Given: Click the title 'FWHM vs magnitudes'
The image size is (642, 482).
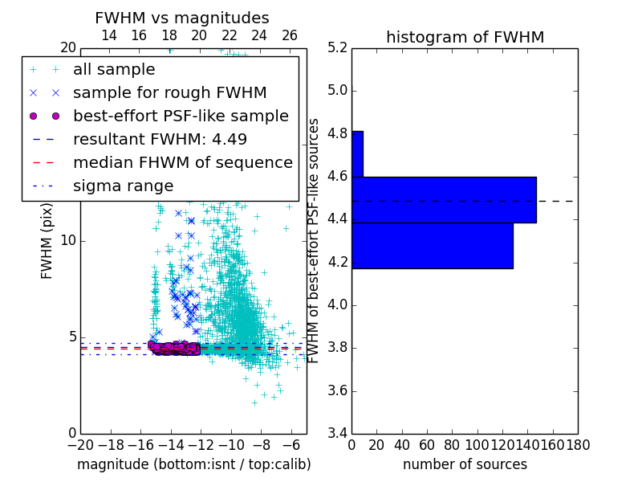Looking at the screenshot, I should tap(182, 18).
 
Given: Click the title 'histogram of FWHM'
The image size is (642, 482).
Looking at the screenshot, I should tap(465, 37).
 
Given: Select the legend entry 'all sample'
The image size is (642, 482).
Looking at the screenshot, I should tap(114, 70).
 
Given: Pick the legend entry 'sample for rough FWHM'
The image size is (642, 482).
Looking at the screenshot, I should tap(170, 93).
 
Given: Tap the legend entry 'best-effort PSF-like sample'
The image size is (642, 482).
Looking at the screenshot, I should tap(181, 116).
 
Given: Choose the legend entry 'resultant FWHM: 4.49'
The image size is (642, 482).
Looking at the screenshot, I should tap(160, 139).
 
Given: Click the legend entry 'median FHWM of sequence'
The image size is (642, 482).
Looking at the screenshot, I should tap(182, 162).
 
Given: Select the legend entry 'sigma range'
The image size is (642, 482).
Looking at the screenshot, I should tap(123, 186).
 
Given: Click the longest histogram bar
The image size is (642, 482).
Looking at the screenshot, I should tap(444, 199).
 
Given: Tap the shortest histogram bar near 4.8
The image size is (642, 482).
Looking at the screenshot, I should tap(357, 153).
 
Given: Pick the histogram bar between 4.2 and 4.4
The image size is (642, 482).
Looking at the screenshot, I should tap(432, 245).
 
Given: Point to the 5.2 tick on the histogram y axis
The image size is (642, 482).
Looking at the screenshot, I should tap(337, 47).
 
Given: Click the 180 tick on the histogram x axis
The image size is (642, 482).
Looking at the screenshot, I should tap(578, 444).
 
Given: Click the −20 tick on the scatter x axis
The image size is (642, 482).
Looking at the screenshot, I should tap(80, 444).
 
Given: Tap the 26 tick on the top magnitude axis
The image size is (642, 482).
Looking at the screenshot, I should tap(290, 35).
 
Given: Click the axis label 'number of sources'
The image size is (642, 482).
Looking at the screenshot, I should tap(465, 464).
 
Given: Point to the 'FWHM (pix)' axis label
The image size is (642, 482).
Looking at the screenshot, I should tap(47, 241).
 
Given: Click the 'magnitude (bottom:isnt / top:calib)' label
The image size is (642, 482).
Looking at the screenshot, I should tap(193, 464).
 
